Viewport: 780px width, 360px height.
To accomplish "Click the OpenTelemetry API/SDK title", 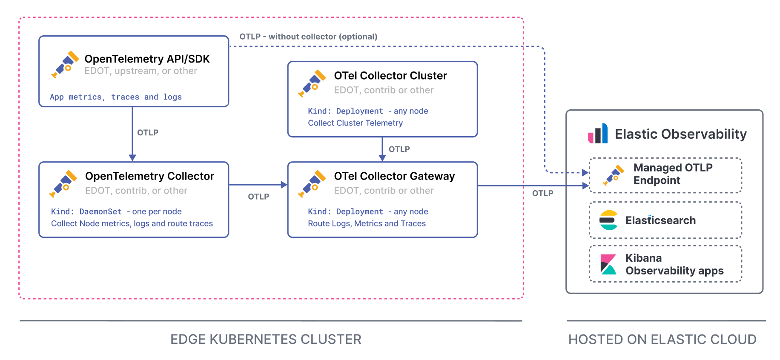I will coord(147,59).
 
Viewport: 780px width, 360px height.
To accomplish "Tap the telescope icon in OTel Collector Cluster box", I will coord(312,83).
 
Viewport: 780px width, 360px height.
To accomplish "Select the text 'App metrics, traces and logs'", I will coord(115,97).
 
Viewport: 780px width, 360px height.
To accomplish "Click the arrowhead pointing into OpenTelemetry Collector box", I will coord(132,157).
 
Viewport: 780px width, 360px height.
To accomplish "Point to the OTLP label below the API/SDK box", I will coord(147,133).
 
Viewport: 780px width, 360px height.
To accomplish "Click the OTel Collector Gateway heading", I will coord(394,176).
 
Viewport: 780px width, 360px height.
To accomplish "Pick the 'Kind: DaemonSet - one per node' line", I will coord(116,211).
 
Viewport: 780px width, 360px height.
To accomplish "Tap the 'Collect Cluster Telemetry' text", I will coord(355,123).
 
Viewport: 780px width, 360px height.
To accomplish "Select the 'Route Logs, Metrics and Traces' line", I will coord(367,223).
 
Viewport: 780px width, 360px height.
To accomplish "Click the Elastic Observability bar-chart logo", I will coord(598,134).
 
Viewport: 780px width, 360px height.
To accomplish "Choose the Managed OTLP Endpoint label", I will coord(672,174).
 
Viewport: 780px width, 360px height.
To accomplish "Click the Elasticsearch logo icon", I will coord(608,220).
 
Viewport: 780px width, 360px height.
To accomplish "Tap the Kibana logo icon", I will coord(608,264).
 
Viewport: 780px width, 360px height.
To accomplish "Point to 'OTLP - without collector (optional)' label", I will coord(308,37).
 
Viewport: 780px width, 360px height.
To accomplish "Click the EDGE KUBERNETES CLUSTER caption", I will coord(266,339).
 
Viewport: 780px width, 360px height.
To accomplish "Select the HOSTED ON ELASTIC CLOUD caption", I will coord(662,339).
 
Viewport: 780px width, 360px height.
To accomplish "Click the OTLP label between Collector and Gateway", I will coord(258,197).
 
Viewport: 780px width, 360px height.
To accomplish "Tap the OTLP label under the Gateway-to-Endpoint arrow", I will coord(542,193).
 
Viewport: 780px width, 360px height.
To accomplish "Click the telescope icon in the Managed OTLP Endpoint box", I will coord(614,175).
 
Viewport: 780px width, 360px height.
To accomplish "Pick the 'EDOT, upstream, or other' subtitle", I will coord(141,71).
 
